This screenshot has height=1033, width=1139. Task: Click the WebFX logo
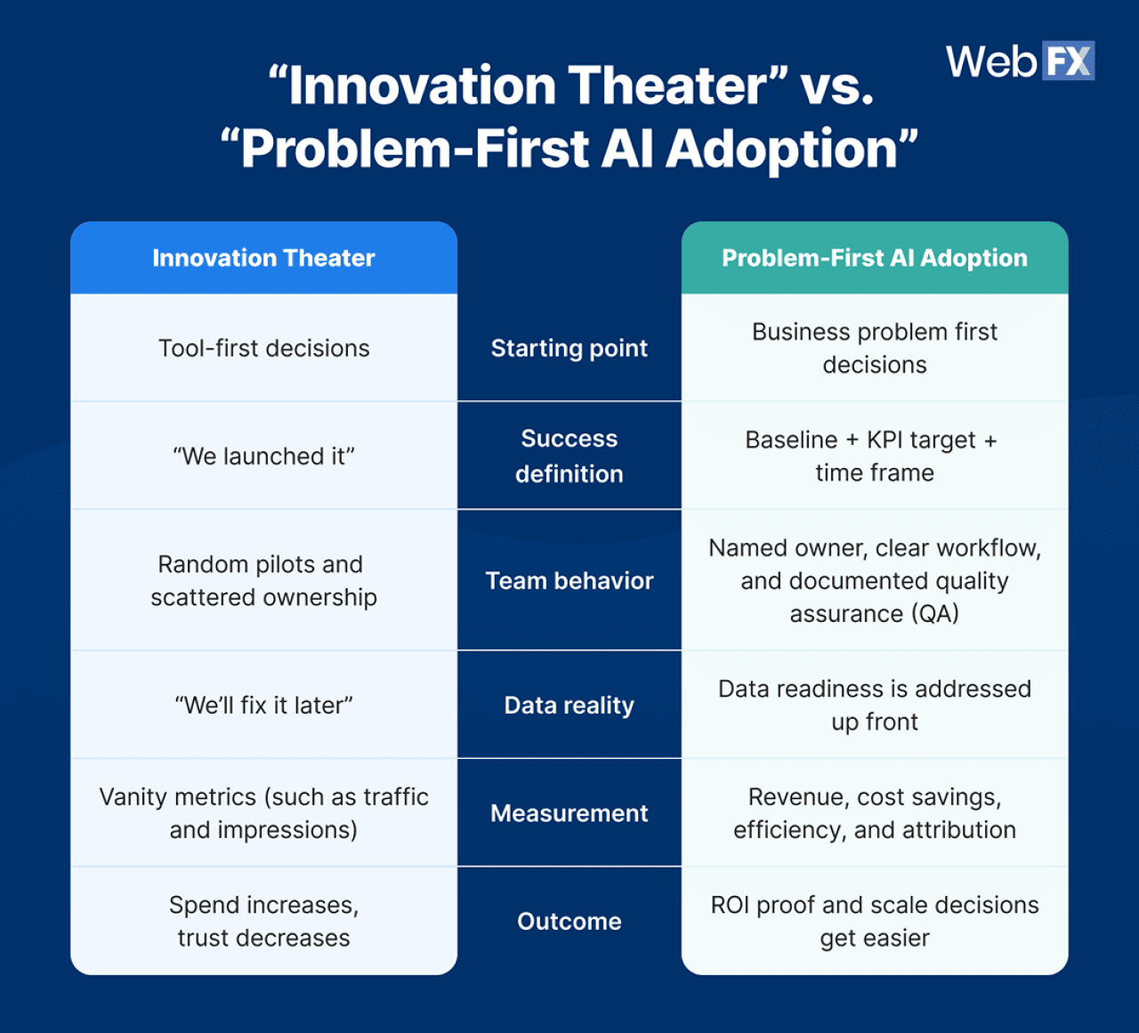pyautogui.click(x=1020, y=61)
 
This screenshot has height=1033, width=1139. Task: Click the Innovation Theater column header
pyautogui.click(x=263, y=258)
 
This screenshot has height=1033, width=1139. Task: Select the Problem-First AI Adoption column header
pyautogui.click(x=874, y=258)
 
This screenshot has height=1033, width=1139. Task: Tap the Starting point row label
pyautogui.click(x=569, y=348)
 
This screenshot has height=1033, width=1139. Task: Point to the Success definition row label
pyautogui.click(x=569, y=456)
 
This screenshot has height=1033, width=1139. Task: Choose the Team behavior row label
pyautogui.click(x=569, y=581)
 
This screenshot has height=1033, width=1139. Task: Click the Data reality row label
pyautogui.click(x=569, y=706)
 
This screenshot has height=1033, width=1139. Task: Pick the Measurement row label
pyautogui.click(x=569, y=813)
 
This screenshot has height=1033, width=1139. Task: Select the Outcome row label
pyautogui.click(x=569, y=921)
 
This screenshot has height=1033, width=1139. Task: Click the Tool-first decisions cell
pyautogui.click(x=263, y=348)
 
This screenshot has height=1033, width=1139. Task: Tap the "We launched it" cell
pyautogui.click(x=263, y=456)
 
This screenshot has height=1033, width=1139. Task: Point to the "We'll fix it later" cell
pyautogui.click(x=263, y=706)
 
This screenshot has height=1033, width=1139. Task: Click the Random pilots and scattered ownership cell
pyautogui.click(x=263, y=581)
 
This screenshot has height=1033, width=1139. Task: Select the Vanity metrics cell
pyautogui.click(x=263, y=813)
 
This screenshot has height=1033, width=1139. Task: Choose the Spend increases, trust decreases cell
pyautogui.click(x=263, y=921)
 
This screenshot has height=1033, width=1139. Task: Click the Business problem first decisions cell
pyautogui.click(x=874, y=348)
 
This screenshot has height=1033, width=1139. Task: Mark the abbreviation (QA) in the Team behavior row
pyautogui.click(x=936, y=614)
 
